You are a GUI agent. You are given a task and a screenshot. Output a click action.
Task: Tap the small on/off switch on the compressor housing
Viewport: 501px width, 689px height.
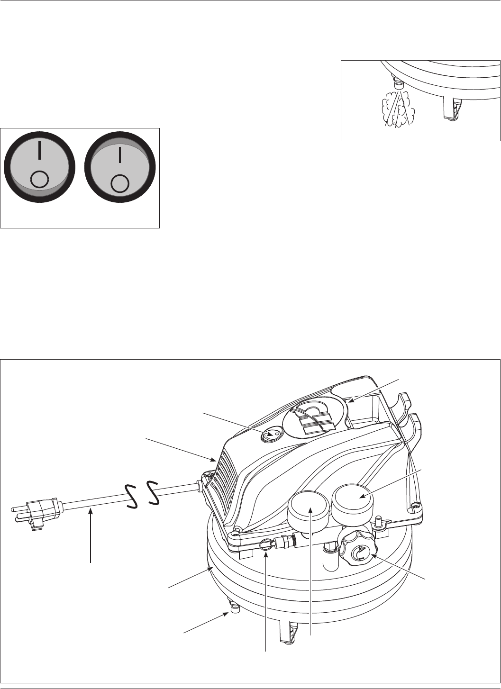point(272,434)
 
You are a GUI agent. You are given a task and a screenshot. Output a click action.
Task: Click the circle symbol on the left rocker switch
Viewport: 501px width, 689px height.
point(39,181)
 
